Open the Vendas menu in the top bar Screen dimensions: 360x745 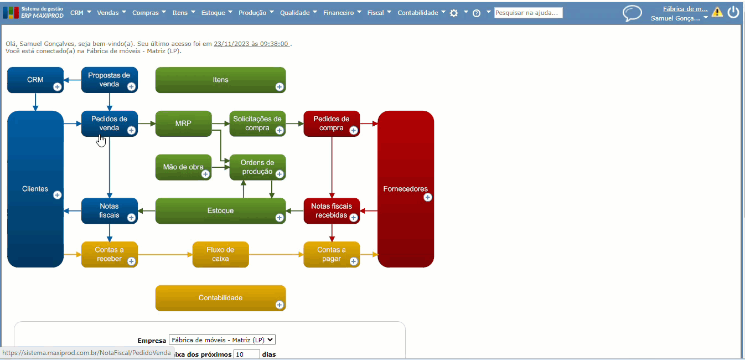(111, 13)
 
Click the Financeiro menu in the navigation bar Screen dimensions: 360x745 (342, 13)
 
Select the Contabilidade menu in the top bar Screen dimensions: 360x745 (421, 13)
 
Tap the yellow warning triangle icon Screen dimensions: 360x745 (717, 12)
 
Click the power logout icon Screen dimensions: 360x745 (733, 12)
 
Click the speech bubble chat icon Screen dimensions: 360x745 (632, 13)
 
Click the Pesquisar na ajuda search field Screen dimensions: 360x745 (529, 13)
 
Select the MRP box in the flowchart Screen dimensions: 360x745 (183, 124)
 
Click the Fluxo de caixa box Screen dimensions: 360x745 (220, 254)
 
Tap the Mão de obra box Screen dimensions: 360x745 (183, 167)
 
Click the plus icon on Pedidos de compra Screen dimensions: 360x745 (354, 131)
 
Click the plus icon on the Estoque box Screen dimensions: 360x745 (280, 218)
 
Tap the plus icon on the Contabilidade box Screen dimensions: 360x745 (280, 305)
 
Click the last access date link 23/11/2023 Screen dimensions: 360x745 (252, 44)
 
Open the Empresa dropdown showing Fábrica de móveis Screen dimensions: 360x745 (222, 340)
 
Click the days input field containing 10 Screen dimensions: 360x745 (246, 354)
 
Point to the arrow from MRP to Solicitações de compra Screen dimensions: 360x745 (221, 124)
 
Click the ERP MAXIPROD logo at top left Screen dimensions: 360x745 (33, 12)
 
